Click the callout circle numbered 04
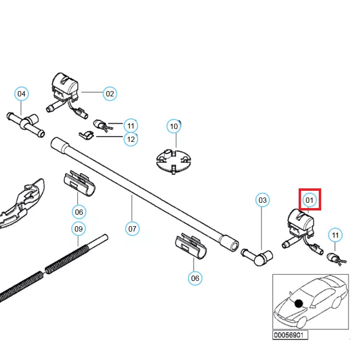click(x=22, y=93)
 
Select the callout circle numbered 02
click(x=110, y=93)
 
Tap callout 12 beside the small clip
click(x=131, y=139)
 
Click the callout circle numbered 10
click(x=174, y=126)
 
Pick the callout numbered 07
click(x=132, y=229)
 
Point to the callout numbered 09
click(x=79, y=229)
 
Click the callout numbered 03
click(x=262, y=200)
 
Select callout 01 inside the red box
click(x=310, y=200)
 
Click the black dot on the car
click(x=299, y=303)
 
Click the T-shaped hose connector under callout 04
click(x=26, y=125)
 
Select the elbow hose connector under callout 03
click(x=257, y=256)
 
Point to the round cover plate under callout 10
click(x=174, y=161)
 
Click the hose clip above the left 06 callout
click(x=80, y=184)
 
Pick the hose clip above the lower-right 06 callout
click(x=191, y=246)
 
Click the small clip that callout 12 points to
click(x=87, y=135)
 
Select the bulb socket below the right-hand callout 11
click(x=337, y=259)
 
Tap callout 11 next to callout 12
click(x=131, y=126)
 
